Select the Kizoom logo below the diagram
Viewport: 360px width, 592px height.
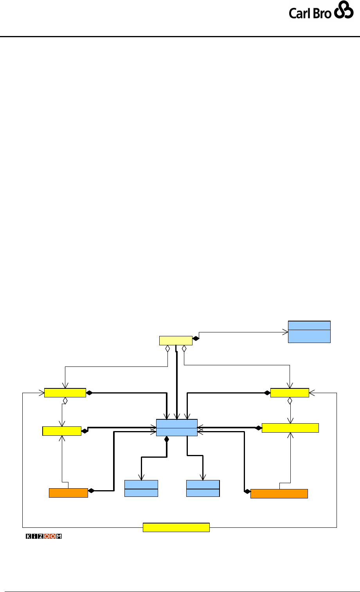tap(44, 536)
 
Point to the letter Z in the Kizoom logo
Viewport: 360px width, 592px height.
tap(40, 536)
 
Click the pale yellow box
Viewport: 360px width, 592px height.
tap(176, 341)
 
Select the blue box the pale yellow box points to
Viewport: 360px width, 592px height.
tap(309, 332)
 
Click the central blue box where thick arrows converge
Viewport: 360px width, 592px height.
tap(176, 428)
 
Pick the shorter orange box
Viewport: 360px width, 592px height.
tap(68, 493)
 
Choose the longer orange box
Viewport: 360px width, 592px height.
tap(279, 493)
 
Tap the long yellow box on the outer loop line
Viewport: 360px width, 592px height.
tap(176, 527)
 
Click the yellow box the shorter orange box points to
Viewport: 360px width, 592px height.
tap(62, 431)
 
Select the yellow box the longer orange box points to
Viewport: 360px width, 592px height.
tap(290, 428)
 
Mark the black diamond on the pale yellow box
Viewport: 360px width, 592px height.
tap(196, 338)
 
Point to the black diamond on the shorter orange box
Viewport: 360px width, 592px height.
tap(91, 491)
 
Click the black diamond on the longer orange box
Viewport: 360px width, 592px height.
tap(247, 491)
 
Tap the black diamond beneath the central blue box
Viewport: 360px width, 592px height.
tap(166, 440)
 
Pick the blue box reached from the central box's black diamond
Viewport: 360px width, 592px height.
tap(141, 488)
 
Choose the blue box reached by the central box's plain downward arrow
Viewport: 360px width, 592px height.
tap(203, 488)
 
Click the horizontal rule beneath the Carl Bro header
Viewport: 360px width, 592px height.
tap(180, 37)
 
